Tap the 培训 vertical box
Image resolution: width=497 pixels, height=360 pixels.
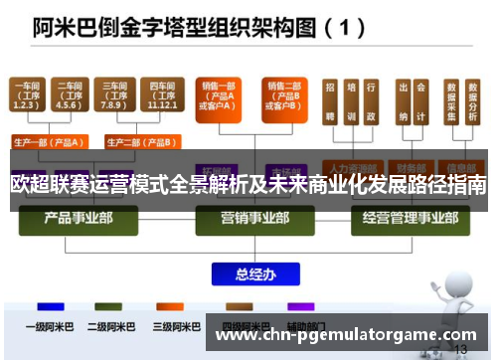pyautogui.click(x=350, y=104)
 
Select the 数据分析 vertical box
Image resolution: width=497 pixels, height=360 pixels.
pyautogui.click(x=471, y=104)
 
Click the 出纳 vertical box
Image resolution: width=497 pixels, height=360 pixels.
pyautogui.click(x=403, y=104)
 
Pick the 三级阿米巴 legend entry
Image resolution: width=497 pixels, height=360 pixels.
pyautogui.click(x=169, y=324)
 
